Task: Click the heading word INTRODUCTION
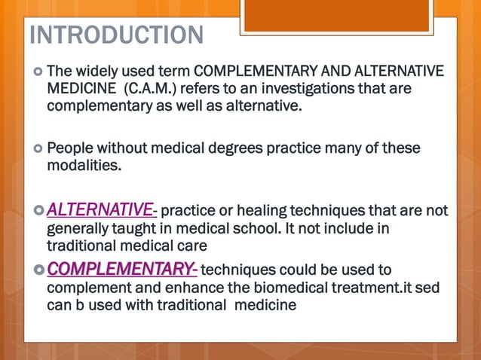point(116,35)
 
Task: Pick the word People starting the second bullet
point(69,148)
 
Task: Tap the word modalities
point(84,165)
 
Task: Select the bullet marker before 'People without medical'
point(37,148)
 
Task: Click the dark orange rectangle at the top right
point(349,15)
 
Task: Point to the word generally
point(78,228)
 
